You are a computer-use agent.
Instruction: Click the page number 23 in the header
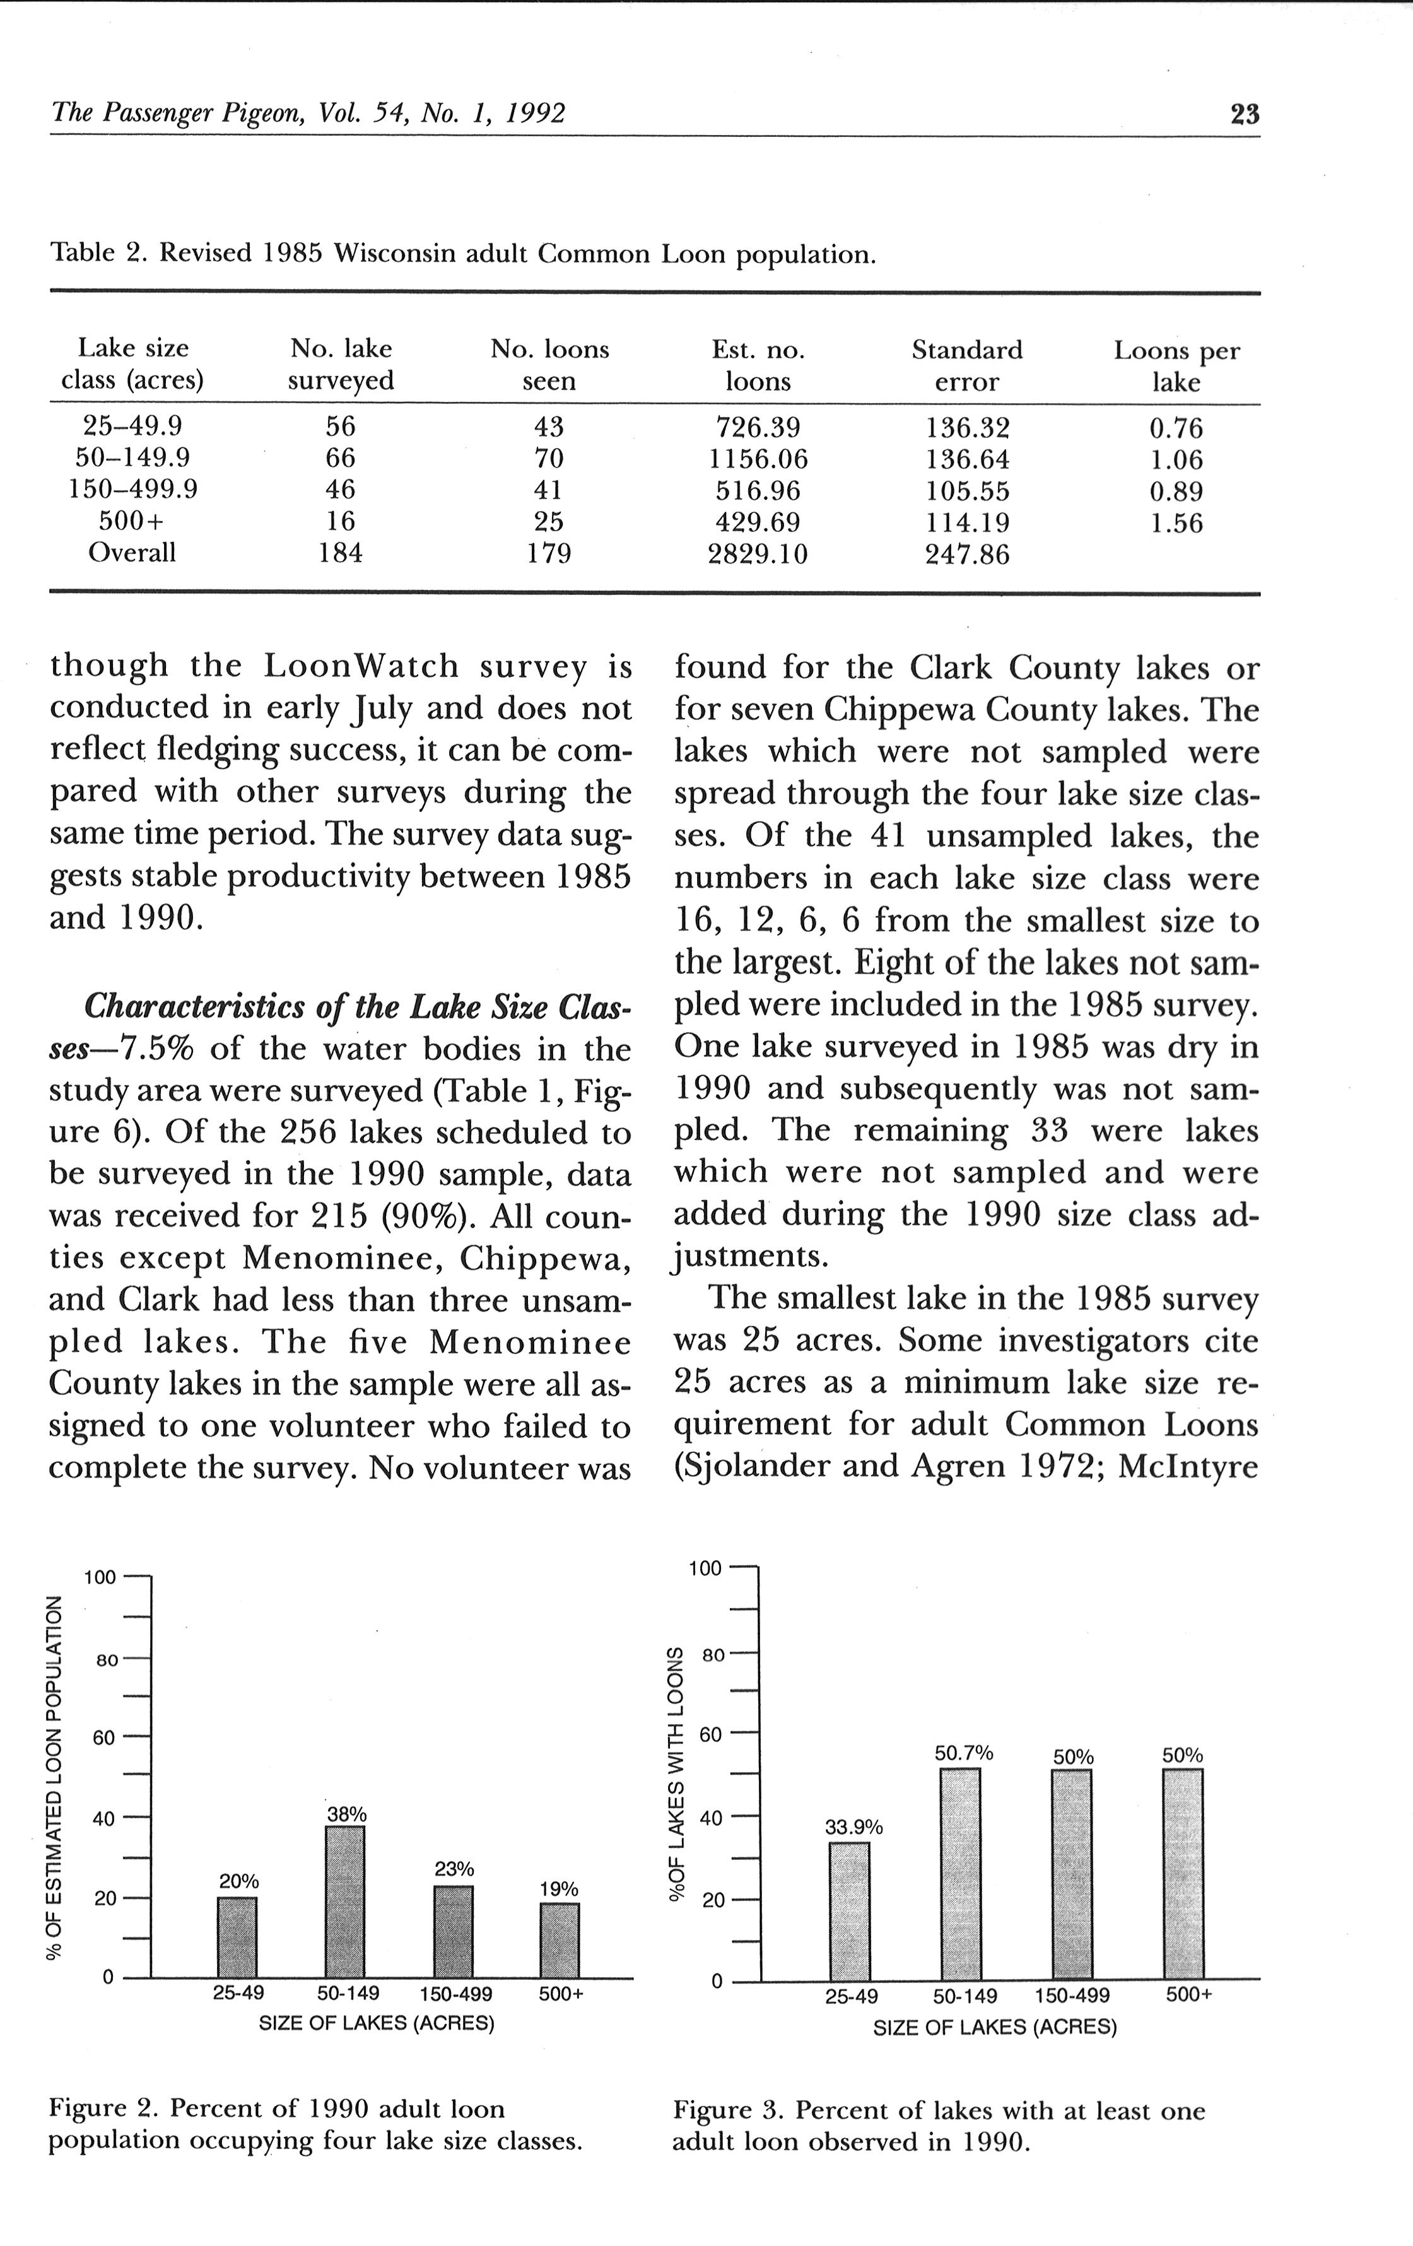coord(1244,115)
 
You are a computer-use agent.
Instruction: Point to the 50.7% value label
coord(963,1753)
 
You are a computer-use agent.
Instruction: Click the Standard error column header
coord(967,366)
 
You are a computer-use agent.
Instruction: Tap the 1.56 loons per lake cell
coord(1176,523)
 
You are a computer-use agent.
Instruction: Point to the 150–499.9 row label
coord(133,490)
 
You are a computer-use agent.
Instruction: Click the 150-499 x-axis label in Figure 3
coord(1072,1996)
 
